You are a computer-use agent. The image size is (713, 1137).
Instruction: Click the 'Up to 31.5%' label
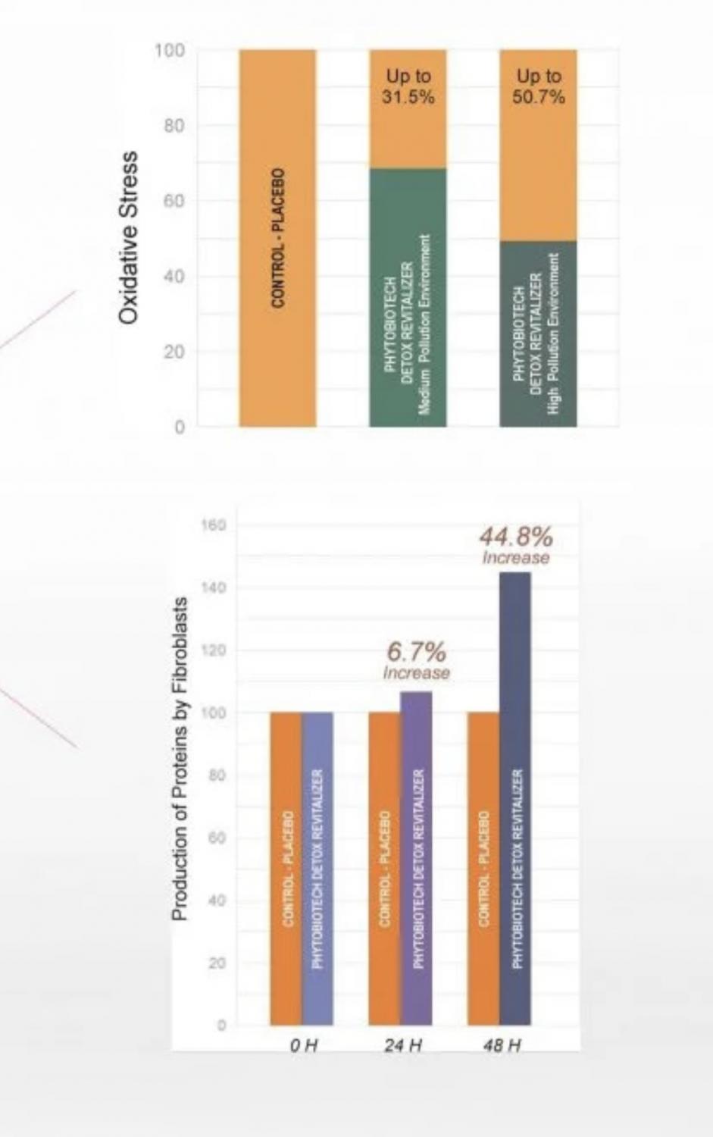coord(408,86)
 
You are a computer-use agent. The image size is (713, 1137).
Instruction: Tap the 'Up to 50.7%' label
coord(539,86)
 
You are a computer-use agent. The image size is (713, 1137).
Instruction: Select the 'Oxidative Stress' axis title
coord(129,237)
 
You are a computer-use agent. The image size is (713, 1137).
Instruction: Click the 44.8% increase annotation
coord(516,546)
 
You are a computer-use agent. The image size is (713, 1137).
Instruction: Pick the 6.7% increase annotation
coord(416,660)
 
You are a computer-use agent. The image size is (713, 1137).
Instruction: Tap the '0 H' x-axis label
coord(303,1046)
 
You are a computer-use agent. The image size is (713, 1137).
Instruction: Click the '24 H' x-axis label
coord(402,1046)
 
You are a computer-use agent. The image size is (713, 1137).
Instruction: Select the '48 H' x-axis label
coord(502,1046)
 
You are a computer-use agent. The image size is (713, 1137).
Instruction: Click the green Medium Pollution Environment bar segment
coord(408,298)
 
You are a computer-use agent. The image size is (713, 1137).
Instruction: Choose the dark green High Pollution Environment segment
coord(538,334)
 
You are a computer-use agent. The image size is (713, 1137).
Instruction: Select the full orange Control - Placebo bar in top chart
coord(277,238)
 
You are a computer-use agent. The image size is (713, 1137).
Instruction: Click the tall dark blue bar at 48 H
coord(515,798)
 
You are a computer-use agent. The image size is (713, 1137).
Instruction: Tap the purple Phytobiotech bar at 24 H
coord(417,858)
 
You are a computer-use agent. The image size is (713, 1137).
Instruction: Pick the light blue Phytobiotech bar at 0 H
coord(317,869)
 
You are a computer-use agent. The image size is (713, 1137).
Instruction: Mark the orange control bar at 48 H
coord(483,869)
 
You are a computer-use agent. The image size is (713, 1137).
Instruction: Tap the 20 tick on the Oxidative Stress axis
coord(174,352)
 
